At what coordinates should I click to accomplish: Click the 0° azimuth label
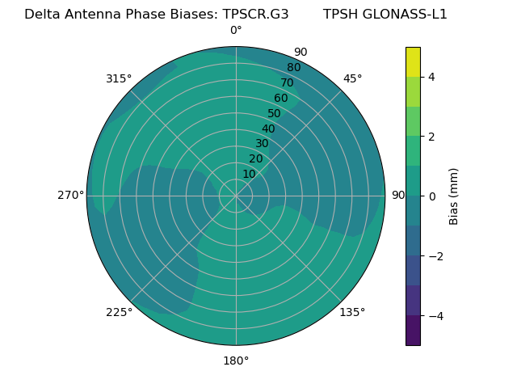236,31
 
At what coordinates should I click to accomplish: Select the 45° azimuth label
352,78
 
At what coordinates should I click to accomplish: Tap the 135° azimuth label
352,312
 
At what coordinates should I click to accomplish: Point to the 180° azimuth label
236,361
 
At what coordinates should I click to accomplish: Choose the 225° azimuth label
119,312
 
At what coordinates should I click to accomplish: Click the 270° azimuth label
71,196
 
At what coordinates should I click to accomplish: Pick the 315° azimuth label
119,78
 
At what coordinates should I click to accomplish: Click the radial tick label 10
249,174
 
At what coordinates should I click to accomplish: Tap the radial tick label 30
262,144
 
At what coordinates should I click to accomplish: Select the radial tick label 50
275,113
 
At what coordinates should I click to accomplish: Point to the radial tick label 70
287,82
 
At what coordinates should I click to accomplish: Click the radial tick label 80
293,68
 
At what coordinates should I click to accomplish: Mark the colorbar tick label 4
432,77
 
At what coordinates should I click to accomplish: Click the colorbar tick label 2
432,137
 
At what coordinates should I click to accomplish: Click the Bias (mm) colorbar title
454,196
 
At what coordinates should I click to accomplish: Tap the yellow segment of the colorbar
413,61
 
